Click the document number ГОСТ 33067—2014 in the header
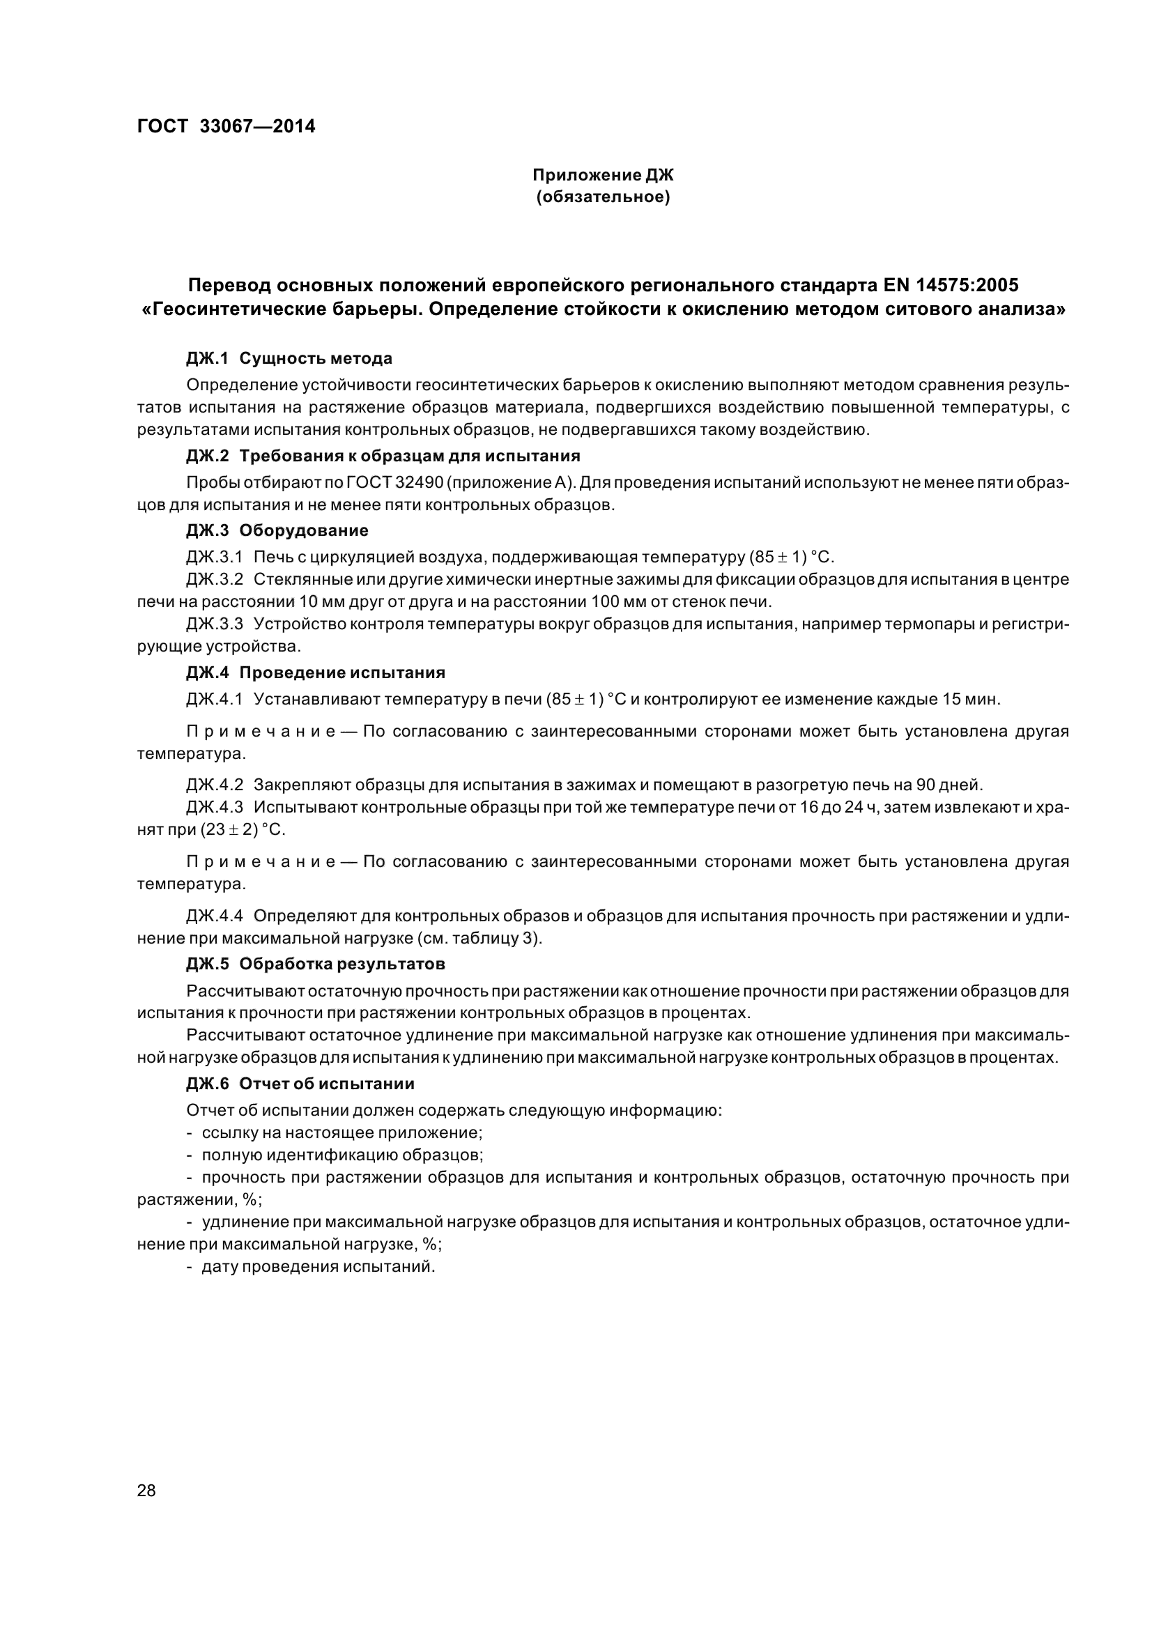point(226,126)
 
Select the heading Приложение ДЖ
point(603,175)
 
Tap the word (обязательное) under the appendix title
point(603,197)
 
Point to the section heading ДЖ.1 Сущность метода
point(289,358)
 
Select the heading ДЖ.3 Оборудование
point(277,530)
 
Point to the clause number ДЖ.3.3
point(215,624)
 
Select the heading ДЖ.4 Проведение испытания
point(315,672)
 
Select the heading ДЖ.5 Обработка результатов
point(315,964)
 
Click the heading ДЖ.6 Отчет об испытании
point(300,1084)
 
